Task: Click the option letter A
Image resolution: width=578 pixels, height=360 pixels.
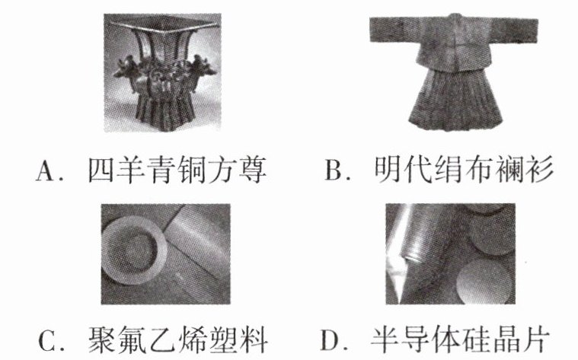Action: click(46, 172)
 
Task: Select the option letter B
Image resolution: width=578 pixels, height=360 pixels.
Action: click(334, 170)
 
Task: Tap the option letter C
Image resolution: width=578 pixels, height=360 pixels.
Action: click(47, 341)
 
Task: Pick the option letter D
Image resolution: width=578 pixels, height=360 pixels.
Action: click(329, 340)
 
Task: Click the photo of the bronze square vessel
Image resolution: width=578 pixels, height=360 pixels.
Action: click(162, 72)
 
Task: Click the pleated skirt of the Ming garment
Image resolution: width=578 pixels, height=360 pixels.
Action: click(455, 99)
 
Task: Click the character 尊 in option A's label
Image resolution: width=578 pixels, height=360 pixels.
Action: click(253, 170)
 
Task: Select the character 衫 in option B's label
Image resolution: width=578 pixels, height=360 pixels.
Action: click(540, 170)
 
